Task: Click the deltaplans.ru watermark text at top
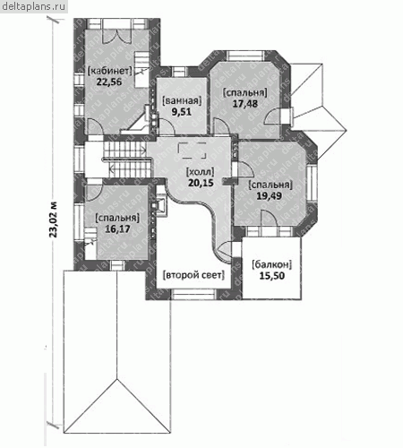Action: (x=33, y=6)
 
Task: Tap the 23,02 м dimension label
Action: (x=53, y=220)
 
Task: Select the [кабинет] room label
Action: (x=109, y=71)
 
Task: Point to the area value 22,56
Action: (x=109, y=82)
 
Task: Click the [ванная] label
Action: (x=182, y=100)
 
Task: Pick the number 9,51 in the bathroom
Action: (x=182, y=112)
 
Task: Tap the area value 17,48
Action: (x=245, y=103)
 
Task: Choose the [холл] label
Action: (x=201, y=172)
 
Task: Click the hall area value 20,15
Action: (x=201, y=183)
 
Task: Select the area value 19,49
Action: (x=270, y=195)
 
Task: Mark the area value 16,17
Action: (x=117, y=228)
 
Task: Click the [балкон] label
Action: (x=271, y=264)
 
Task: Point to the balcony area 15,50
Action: (x=271, y=275)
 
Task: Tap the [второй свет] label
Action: (x=193, y=275)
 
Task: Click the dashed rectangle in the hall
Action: (x=192, y=151)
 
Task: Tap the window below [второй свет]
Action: (x=193, y=294)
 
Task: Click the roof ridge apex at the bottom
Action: (x=116, y=379)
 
